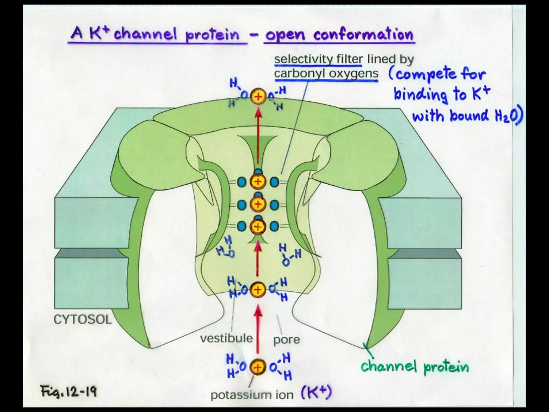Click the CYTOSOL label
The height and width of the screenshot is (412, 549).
pyautogui.click(x=83, y=319)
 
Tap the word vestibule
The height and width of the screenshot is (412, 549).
pyautogui.click(x=227, y=338)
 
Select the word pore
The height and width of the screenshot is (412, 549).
pyautogui.click(x=286, y=340)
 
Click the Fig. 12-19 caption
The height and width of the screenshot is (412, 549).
pyautogui.click(x=69, y=391)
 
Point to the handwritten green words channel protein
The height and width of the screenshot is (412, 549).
pyautogui.click(x=415, y=367)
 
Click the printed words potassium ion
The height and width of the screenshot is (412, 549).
pyautogui.click(x=252, y=395)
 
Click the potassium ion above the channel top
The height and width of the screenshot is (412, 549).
pyautogui.click(x=258, y=97)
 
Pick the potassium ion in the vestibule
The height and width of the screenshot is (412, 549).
pyautogui.click(x=258, y=290)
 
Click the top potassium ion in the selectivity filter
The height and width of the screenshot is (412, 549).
pyautogui.click(x=258, y=182)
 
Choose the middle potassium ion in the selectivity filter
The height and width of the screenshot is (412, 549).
pyautogui.click(x=258, y=204)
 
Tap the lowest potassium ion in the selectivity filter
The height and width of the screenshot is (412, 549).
pyautogui.click(x=258, y=227)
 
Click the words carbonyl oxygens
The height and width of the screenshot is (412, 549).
pyautogui.click(x=326, y=73)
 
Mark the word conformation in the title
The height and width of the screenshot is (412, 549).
pyautogui.click(x=363, y=35)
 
